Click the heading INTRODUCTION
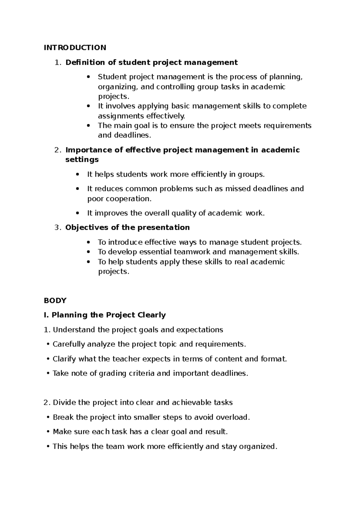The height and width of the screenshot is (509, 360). click(x=75, y=47)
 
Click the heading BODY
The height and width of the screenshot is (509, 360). click(x=55, y=300)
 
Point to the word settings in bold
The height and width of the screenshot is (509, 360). click(x=82, y=159)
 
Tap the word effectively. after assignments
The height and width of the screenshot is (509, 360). click(x=166, y=116)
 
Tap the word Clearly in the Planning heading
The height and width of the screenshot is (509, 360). click(x=151, y=315)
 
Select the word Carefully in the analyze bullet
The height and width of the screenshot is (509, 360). click(x=69, y=344)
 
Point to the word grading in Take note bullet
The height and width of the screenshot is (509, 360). click(x=112, y=373)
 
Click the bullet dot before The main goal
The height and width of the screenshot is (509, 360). click(x=88, y=125)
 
